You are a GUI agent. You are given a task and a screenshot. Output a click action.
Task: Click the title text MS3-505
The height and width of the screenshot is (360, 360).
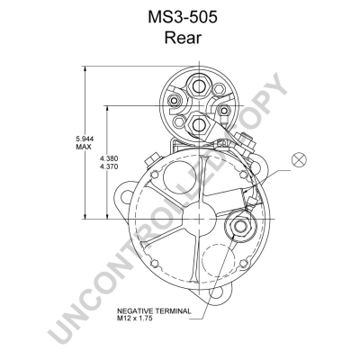(x=182, y=18)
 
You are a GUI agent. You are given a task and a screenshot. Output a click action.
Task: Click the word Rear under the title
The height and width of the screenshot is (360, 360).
(x=183, y=38)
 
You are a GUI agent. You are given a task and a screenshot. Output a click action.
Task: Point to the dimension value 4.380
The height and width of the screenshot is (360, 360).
(x=109, y=158)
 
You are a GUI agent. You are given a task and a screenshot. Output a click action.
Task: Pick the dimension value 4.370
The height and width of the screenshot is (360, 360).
(x=109, y=166)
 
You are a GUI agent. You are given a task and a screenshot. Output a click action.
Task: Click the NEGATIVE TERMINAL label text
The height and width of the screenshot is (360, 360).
(x=154, y=310)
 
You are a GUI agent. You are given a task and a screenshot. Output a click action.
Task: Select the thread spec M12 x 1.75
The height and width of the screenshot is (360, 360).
(x=135, y=319)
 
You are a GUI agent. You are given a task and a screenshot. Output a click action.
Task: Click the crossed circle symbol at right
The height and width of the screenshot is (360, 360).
(x=299, y=159)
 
